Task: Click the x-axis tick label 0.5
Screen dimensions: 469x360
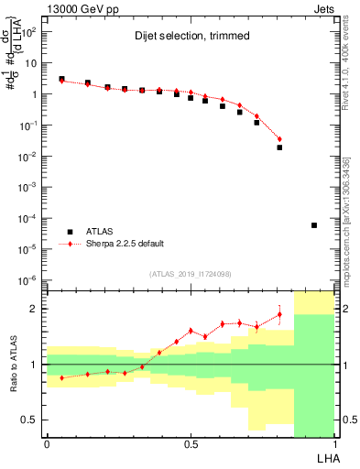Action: click(191, 444)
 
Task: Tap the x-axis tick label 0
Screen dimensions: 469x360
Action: click(47, 444)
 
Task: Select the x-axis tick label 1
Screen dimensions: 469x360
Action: click(334, 444)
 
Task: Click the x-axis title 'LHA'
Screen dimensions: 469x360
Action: click(325, 457)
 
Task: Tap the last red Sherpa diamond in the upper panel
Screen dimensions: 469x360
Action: click(279, 139)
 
